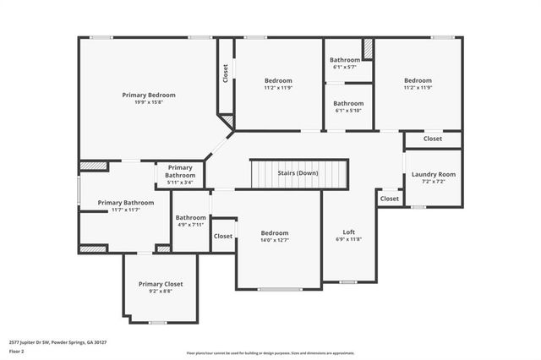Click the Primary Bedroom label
coord(149,95)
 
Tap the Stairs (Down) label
coord(298,173)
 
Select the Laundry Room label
coord(434,174)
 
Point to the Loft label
coord(348,232)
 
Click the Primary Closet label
coord(161,284)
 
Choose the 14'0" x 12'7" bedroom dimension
coord(275,240)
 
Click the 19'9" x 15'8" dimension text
coord(149,103)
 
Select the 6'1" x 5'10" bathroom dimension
coord(348,111)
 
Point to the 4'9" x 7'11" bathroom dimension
coord(191,225)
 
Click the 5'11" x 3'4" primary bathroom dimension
coord(180,182)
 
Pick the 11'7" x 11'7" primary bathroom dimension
coord(125,210)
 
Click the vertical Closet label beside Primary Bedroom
coord(225,74)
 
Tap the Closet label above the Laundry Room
coord(432,139)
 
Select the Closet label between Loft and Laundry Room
coord(390,199)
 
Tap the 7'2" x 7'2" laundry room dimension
coord(434,182)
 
